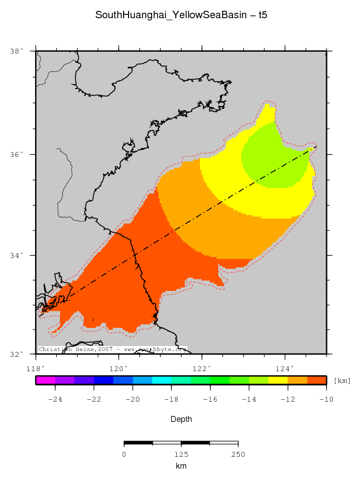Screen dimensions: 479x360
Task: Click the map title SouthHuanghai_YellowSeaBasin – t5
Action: [181, 15]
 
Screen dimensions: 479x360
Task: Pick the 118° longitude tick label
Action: [36, 368]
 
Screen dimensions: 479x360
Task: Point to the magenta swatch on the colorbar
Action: [45, 380]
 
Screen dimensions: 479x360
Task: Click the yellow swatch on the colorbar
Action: [278, 380]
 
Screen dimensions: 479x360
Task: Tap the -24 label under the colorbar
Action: [55, 399]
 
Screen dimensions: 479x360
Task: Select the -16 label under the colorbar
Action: [210, 399]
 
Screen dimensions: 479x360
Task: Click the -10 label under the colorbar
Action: [326, 399]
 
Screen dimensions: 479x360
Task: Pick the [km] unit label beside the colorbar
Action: [342, 381]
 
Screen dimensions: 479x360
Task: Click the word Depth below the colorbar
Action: [181, 419]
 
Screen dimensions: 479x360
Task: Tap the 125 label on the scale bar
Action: [181, 454]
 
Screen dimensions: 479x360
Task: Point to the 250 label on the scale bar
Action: [238, 454]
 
